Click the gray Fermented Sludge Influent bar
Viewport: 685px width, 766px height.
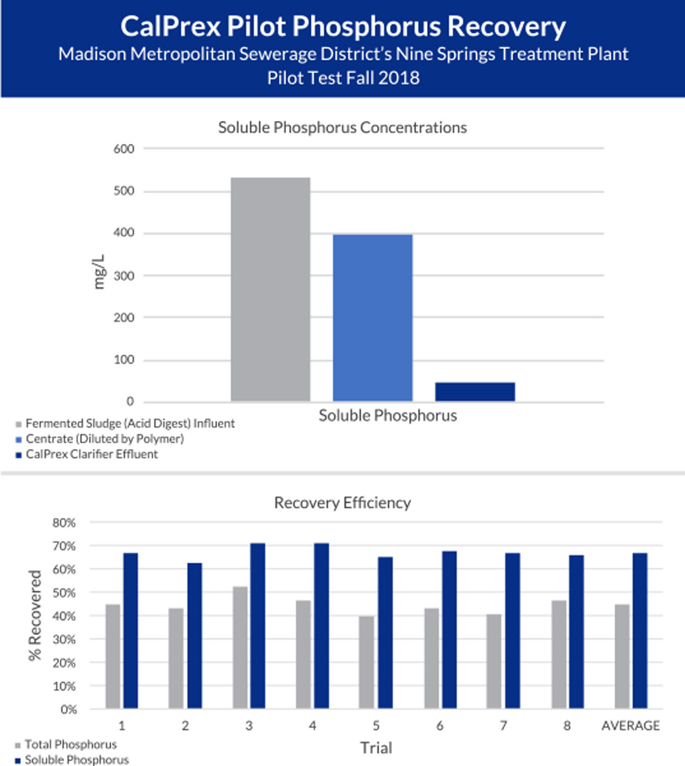click(270, 289)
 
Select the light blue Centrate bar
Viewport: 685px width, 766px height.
click(372, 318)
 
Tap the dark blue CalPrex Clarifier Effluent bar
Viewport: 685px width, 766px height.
click(475, 392)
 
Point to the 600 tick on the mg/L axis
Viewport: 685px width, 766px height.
click(124, 149)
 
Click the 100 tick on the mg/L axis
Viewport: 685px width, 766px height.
click(124, 360)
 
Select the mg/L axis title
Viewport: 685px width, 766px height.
click(99, 272)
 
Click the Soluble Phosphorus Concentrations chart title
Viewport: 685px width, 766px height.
click(342, 127)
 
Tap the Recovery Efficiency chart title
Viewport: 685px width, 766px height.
click(342, 503)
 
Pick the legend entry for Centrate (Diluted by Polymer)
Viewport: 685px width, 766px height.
click(104, 439)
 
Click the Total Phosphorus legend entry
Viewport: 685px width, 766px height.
click(71, 745)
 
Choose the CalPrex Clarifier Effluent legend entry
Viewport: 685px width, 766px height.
click(91, 454)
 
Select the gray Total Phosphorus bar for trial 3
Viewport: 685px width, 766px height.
click(240, 648)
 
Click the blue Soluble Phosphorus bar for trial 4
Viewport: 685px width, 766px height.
click(321, 626)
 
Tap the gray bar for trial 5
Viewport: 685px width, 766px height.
click(366, 662)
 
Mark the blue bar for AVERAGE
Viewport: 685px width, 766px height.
click(640, 631)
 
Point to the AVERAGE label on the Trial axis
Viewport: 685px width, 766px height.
click(630, 726)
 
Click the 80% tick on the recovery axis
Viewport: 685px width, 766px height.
click(64, 523)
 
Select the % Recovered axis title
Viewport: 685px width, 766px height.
click(35, 616)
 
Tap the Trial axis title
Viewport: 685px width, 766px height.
click(376, 748)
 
